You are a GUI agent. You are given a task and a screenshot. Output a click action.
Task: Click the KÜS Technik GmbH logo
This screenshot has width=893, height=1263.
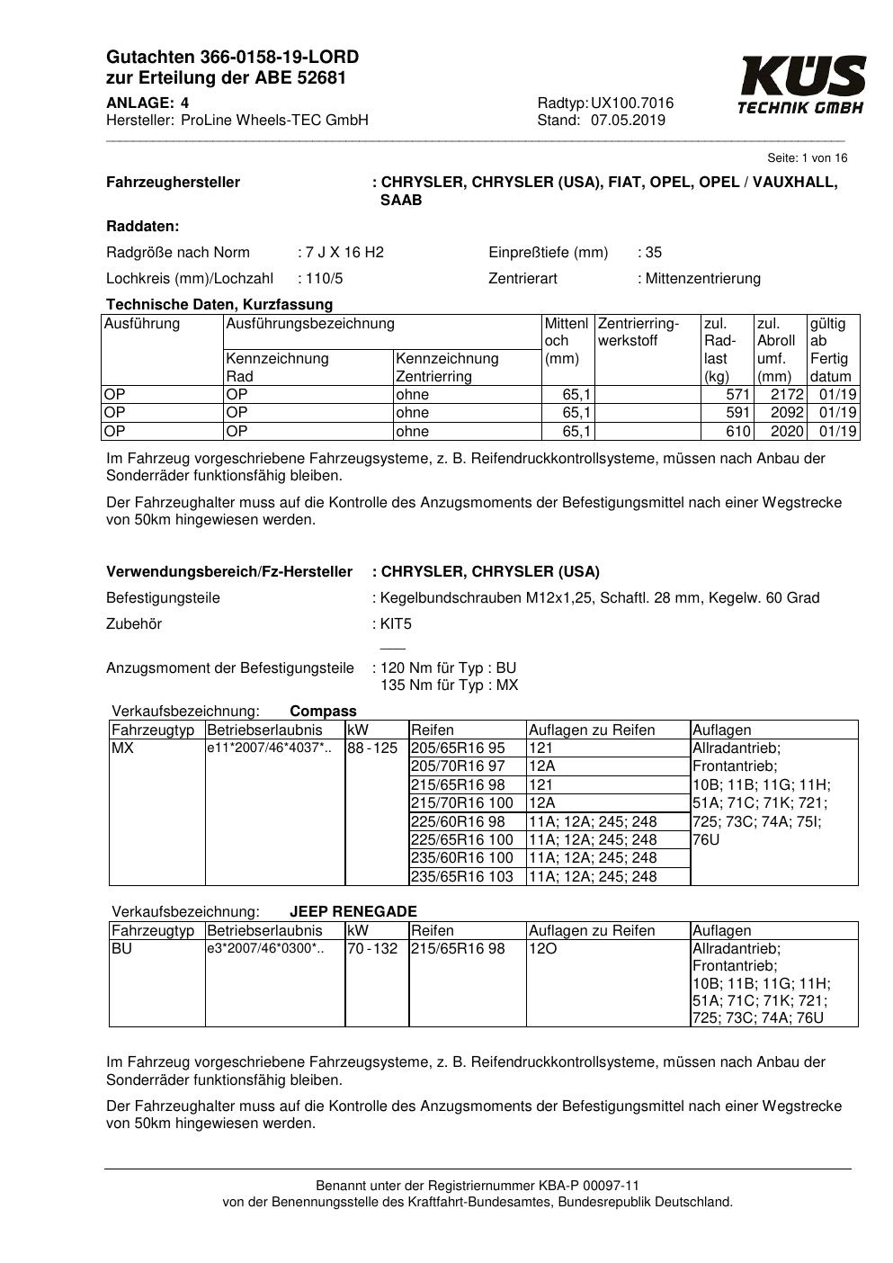(802, 85)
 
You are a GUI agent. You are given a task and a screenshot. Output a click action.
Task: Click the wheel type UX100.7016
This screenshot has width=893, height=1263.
(632, 103)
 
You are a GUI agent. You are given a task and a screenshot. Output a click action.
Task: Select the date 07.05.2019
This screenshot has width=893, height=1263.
(628, 121)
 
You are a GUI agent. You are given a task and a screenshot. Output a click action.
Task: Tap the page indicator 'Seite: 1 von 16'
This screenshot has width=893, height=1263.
(807, 158)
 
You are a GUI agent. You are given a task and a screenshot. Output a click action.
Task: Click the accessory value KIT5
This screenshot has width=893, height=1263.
(396, 624)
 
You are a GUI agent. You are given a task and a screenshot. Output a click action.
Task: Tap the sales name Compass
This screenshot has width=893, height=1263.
(323, 712)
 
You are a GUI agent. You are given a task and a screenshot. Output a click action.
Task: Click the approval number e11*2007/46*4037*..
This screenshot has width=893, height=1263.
(265, 748)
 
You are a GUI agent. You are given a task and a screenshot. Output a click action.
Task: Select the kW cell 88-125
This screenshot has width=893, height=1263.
(372, 748)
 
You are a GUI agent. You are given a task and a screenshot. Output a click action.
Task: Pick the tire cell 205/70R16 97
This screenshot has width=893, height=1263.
(458, 766)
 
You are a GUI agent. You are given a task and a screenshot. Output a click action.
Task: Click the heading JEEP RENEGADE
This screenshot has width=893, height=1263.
(353, 911)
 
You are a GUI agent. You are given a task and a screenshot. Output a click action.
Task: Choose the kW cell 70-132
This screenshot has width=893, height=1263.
(372, 949)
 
